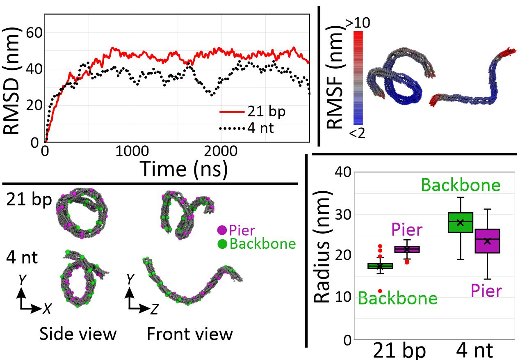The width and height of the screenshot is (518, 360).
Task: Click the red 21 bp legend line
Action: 233,112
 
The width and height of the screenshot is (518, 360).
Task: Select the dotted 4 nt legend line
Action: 233,128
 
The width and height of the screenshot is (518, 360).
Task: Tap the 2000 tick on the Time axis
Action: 220,151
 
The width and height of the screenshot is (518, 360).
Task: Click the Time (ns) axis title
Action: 184,169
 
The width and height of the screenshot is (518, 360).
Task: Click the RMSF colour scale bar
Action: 357,78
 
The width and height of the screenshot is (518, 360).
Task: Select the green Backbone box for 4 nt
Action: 460,222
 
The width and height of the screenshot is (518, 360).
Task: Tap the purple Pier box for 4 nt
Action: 487,241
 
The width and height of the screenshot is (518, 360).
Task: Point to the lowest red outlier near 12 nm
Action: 380,291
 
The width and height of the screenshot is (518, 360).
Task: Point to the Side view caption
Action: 78,334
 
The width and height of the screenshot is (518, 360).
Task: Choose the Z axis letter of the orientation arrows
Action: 153,310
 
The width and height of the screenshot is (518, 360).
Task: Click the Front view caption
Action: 190,334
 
